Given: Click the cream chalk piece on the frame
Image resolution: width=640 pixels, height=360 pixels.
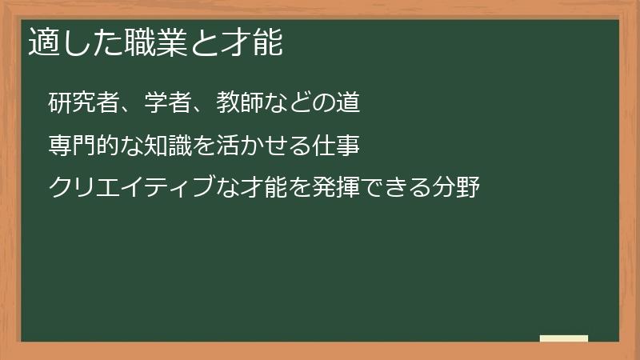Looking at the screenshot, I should (564, 338).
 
